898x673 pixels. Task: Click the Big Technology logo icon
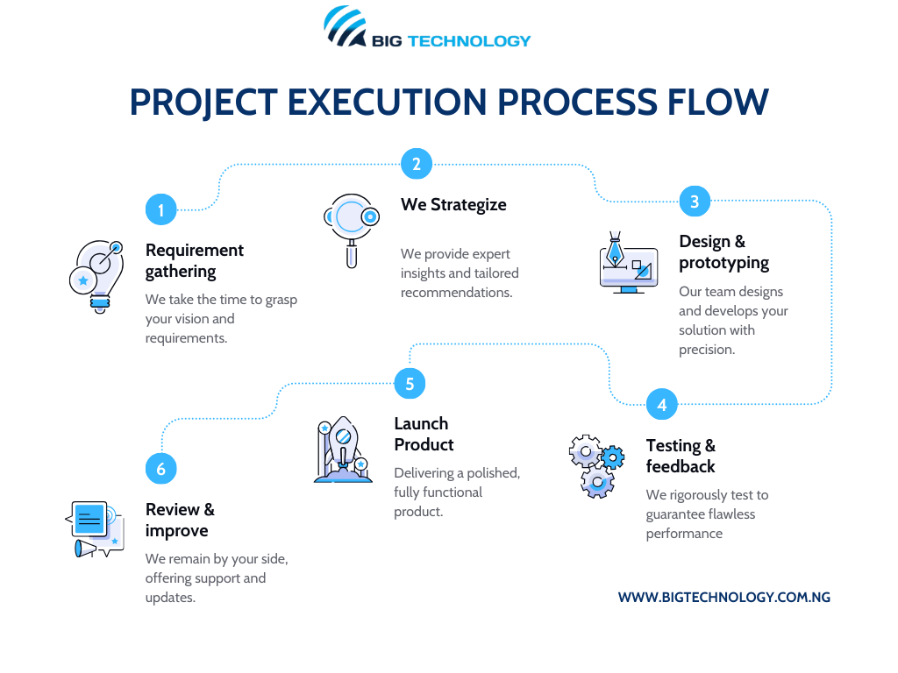pyautogui.click(x=345, y=27)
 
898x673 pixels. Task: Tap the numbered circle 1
pyautogui.click(x=160, y=209)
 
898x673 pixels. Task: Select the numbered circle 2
pyautogui.click(x=417, y=163)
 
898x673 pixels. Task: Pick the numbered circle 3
pyautogui.click(x=695, y=202)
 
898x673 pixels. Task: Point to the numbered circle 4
pyautogui.click(x=661, y=405)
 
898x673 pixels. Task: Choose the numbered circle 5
pyautogui.click(x=410, y=383)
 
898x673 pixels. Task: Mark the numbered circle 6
pyautogui.click(x=160, y=469)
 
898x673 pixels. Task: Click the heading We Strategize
pyautogui.click(x=453, y=204)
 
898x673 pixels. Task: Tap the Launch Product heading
pyautogui.click(x=424, y=434)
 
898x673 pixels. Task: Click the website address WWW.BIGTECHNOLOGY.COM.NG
pyautogui.click(x=723, y=597)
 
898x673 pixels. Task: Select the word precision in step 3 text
pyautogui.click(x=705, y=350)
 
